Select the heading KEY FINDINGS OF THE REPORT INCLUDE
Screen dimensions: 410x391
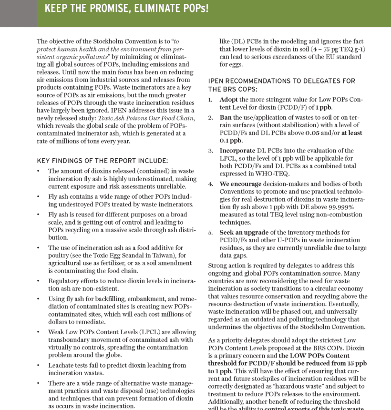102,161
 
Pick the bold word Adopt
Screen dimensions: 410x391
228,100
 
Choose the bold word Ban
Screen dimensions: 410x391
226,117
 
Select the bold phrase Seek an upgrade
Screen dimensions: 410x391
247,232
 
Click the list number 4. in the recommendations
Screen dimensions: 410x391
211,184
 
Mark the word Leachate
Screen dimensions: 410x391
63,365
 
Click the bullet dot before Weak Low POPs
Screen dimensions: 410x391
39,332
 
